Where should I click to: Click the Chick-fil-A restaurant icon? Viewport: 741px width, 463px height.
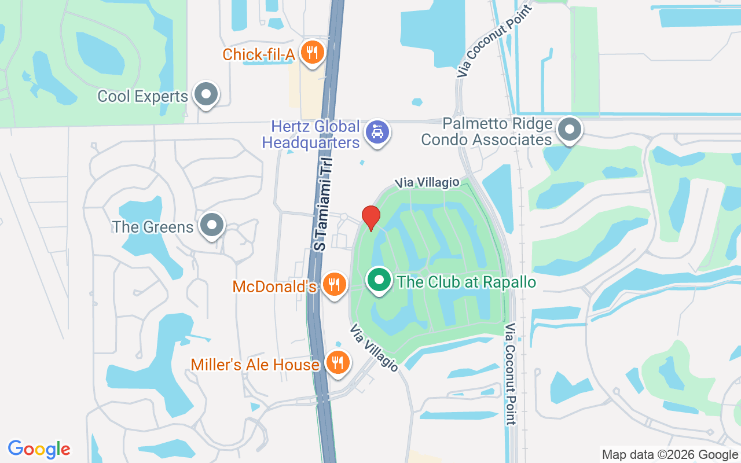pos(313,53)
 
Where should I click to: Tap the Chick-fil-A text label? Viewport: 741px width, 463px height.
pos(259,55)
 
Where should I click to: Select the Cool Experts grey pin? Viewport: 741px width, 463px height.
pos(205,94)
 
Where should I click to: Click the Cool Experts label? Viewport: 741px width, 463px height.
pos(143,96)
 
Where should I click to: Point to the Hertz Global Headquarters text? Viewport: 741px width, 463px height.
pos(311,134)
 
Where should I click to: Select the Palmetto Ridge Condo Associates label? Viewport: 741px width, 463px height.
pos(487,132)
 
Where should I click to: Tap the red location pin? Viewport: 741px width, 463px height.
pos(371,218)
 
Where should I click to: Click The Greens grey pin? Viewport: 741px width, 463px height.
pos(212,225)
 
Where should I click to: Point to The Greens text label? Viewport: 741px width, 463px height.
pos(153,227)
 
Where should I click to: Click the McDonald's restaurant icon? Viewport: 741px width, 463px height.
pos(333,285)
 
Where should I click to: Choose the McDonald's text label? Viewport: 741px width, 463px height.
pos(274,286)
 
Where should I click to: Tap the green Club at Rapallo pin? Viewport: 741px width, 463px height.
pos(379,281)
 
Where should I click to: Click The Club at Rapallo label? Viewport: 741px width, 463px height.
pos(466,282)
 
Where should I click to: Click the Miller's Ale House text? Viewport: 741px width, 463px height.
pos(255,365)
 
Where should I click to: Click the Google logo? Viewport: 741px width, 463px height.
pos(39,449)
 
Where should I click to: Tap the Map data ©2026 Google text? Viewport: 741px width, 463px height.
pos(669,455)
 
